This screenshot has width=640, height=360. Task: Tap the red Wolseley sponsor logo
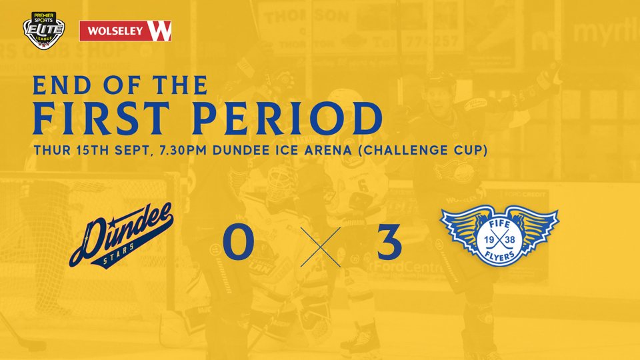(x=125, y=31)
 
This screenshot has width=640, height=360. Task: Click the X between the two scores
(x=315, y=245)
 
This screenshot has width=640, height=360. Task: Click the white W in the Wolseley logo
(x=162, y=31)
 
